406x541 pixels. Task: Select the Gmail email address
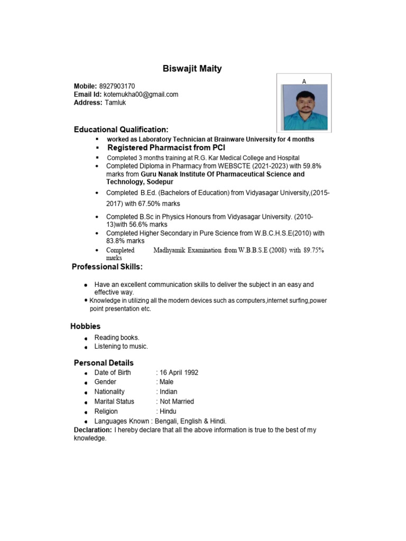(x=141, y=95)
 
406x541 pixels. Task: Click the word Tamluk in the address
(x=115, y=103)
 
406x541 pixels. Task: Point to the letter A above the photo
(x=304, y=81)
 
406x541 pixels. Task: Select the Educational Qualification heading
(x=121, y=129)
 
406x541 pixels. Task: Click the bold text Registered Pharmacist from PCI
(x=166, y=148)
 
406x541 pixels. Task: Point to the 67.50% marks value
(x=152, y=204)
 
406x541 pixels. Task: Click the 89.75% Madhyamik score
(x=313, y=250)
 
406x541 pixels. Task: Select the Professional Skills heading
(x=107, y=267)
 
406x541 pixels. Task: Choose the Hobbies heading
(x=86, y=327)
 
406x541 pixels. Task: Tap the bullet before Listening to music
(x=86, y=347)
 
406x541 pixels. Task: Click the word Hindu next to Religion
(x=168, y=412)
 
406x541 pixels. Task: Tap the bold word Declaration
(x=93, y=430)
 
